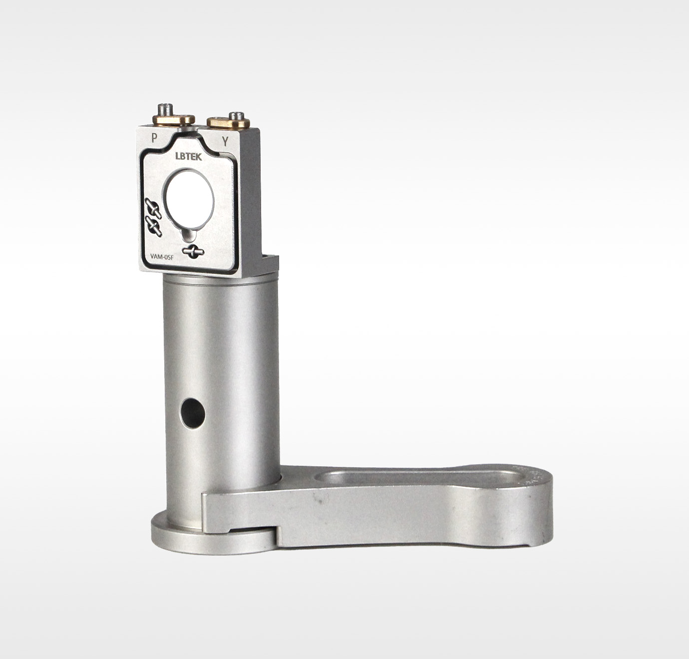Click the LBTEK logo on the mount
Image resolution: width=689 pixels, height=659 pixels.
189,156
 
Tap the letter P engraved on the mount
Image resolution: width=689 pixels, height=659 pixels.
154,138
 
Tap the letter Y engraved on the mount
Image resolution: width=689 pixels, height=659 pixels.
225,142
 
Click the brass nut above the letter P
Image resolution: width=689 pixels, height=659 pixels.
173,119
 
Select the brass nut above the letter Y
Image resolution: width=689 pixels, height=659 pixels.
228,122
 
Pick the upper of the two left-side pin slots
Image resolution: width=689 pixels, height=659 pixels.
153,208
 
